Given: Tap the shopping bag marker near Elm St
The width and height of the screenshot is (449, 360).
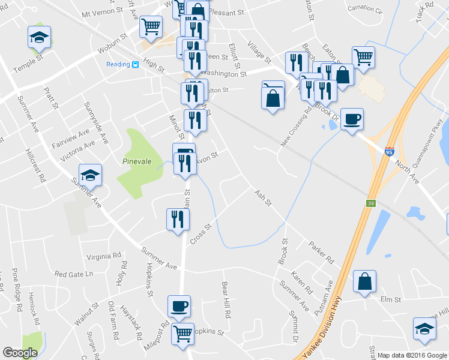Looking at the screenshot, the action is click(364, 281).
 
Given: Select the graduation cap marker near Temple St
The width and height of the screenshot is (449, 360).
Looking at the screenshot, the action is click(39, 38).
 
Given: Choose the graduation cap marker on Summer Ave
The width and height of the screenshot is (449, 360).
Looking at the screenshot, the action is click(90, 175).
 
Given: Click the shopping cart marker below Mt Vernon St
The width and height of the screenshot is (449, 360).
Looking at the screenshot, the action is click(151, 26).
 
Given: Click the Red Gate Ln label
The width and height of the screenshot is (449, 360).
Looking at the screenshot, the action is click(74, 274).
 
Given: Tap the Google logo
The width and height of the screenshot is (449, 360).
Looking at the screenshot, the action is click(20, 353).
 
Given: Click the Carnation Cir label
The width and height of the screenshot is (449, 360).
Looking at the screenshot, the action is click(364, 10).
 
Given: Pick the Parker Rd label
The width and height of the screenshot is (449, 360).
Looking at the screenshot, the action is click(321, 253).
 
